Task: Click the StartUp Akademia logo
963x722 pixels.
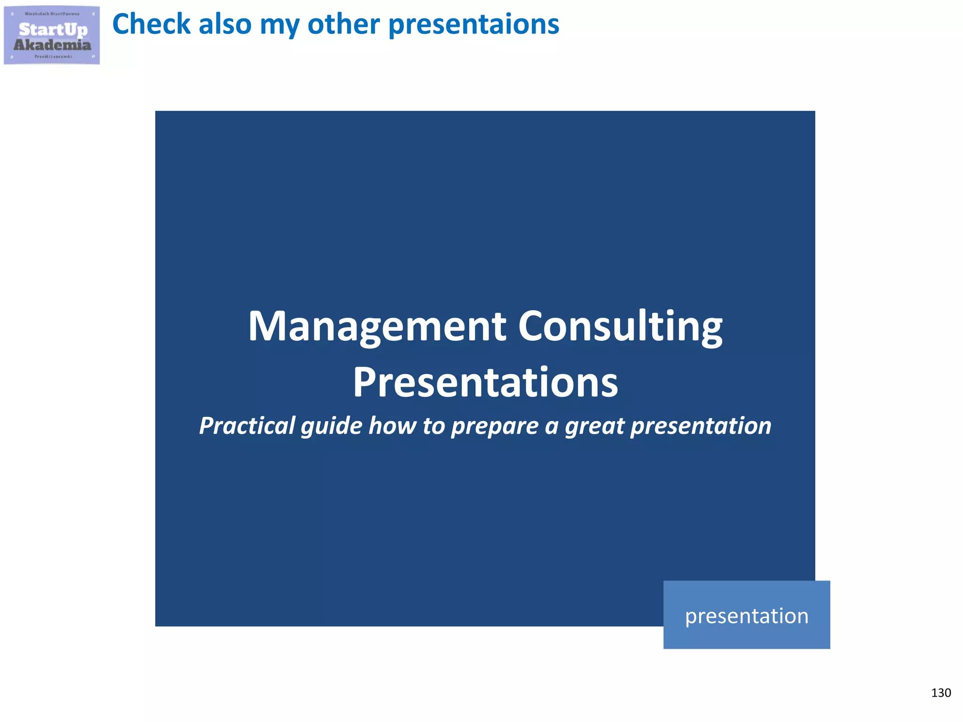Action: click(x=52, y=35)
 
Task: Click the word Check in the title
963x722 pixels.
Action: click(x=150, y=24)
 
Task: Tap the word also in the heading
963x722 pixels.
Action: click(x=225, y=24)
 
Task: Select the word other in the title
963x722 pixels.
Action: click(x=343, y=24)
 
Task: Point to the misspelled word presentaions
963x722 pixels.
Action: click(x=474, y=24)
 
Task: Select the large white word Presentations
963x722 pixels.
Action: click(x=485, y=382)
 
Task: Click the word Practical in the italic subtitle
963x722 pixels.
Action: click(x=247, y=426)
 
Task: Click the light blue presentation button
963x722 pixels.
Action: click(x=746, y=615)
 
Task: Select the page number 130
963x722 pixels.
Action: click(x=940, y=693)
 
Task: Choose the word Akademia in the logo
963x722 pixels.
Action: click(x=52, y=45)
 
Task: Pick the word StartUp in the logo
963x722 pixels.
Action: click(x=53, y=30)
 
